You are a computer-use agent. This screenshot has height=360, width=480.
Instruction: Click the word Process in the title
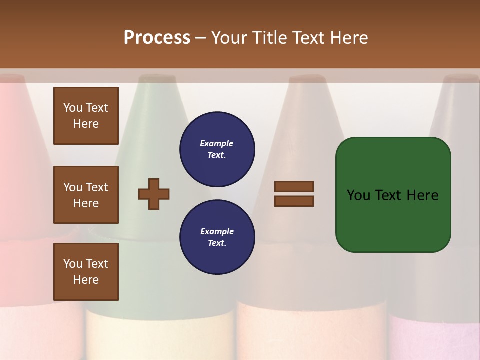click(157, 38)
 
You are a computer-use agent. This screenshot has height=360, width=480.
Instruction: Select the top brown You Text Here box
click(86, 116)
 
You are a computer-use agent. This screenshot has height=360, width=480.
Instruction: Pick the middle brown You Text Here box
click(86, 195)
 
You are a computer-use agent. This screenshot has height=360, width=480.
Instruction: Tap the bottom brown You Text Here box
click(86, 272)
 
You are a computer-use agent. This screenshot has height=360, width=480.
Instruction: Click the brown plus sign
click(154, 194)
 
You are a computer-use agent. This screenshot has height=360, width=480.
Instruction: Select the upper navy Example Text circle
click(217, 149)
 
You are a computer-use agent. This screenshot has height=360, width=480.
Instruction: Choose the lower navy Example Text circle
click(217, 237)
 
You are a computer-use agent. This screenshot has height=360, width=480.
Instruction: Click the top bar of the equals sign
click(294, 186)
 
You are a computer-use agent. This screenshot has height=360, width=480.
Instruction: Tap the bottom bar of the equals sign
click(294, 201)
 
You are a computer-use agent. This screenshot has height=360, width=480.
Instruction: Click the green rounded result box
click(393, 195)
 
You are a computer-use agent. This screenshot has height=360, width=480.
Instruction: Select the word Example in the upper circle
click(217, 143)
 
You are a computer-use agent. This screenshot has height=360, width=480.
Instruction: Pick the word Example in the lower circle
click(217, 231)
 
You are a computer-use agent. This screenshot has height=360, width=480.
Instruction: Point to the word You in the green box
click(358, 195)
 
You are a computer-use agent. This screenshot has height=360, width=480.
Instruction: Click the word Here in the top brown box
click(86, 124)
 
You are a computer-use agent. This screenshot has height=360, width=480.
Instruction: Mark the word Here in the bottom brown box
click(86, 280)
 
